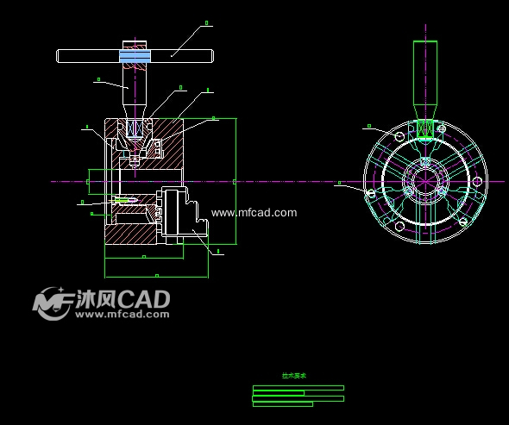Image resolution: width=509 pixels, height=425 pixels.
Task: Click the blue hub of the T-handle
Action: pos(135,55)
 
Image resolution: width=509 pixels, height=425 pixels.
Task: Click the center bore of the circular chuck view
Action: pos(424,181)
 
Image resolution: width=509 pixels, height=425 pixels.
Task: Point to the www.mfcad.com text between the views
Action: pos(255,212)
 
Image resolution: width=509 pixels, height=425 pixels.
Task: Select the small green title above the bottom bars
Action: pos(294,376)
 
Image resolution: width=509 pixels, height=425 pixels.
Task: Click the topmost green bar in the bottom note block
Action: pos(298,388)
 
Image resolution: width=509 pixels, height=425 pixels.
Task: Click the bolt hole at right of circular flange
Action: pos(477,182)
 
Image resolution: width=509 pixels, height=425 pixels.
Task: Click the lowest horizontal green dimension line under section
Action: pos(156,277)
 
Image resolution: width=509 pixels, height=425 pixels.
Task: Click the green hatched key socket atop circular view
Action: pos(424,128)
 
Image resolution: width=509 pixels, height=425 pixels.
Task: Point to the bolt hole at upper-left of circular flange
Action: pos(398,136)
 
